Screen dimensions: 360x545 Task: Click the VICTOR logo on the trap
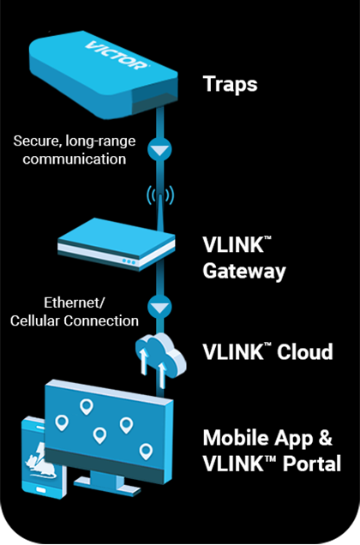[117, 55]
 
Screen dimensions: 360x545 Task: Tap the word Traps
[230, 85]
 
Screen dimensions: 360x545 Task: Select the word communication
[75, 159]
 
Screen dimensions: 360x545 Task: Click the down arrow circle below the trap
[159, 149]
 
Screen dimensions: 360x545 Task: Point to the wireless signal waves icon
[160, 195]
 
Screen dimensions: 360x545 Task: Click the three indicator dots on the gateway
[129, 261]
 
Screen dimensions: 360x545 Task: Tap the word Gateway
[244, 271]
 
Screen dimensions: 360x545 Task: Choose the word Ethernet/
[74, 302]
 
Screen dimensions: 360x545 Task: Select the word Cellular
[35, 320]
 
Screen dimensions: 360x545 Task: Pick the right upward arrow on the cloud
[161, 374]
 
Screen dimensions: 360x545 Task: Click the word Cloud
[304, 351]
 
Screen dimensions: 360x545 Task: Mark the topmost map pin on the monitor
[87, 406]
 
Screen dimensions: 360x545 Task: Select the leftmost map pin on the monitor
[62, 422]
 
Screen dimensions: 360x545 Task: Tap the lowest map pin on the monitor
[146, 451]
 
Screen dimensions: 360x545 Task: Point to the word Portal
[312, 464]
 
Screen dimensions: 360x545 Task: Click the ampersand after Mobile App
[325, 438]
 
